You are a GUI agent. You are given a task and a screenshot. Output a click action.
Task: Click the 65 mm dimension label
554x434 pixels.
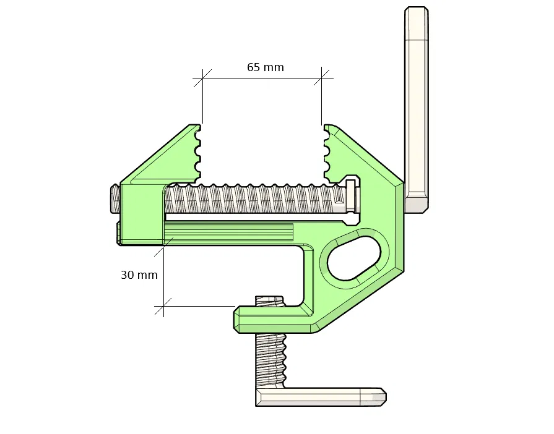tap(266, 67)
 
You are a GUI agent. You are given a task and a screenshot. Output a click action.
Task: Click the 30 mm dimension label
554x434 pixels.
tap(139, 275)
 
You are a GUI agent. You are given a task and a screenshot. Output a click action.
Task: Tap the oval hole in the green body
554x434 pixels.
tap(355, 258)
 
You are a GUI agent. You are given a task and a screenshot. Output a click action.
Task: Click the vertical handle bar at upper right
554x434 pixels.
tap(416, 109)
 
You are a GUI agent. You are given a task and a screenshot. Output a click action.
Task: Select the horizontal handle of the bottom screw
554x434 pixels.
tap(321, 397)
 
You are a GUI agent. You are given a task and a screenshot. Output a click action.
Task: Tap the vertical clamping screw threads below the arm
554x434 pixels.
tap(270, 360)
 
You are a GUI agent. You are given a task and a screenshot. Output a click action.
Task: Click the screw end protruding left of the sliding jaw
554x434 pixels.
tap(115, 199)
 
